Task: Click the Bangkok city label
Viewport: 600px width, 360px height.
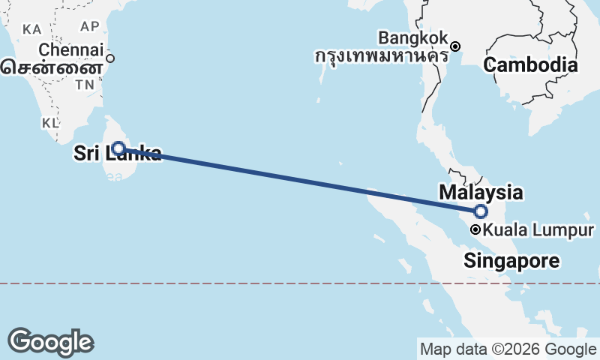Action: tap(413, 37)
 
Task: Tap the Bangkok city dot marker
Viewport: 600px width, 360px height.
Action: tap(454, 46)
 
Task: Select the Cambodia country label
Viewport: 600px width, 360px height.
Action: tap(530, 65)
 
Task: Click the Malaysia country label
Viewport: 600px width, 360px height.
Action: tap(481, 193)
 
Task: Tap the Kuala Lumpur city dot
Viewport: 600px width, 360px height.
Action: tap(475, 230)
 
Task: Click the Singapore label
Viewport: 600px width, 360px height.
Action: tap(511, 261)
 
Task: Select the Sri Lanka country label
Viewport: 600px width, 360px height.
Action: tap(117, 154)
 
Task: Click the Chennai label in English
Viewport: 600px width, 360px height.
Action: tap(70, 50)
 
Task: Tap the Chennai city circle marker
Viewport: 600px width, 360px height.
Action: tap(110, 58)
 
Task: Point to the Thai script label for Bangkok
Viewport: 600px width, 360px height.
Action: tap(381, 55)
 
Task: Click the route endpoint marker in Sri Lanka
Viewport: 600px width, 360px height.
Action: tap(118, 148)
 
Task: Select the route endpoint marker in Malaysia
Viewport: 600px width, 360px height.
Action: tap(481, 211)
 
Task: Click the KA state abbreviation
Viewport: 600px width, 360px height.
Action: tap(32, 29)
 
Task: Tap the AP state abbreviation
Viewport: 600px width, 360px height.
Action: tap(90, 26)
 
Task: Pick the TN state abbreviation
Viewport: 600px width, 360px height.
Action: tap(83, 85)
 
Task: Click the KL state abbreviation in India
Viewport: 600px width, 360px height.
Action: tap(50, 122)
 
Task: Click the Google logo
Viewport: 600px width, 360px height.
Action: tap(50, 341)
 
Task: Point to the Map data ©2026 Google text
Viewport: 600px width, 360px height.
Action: tap(508, 349)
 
